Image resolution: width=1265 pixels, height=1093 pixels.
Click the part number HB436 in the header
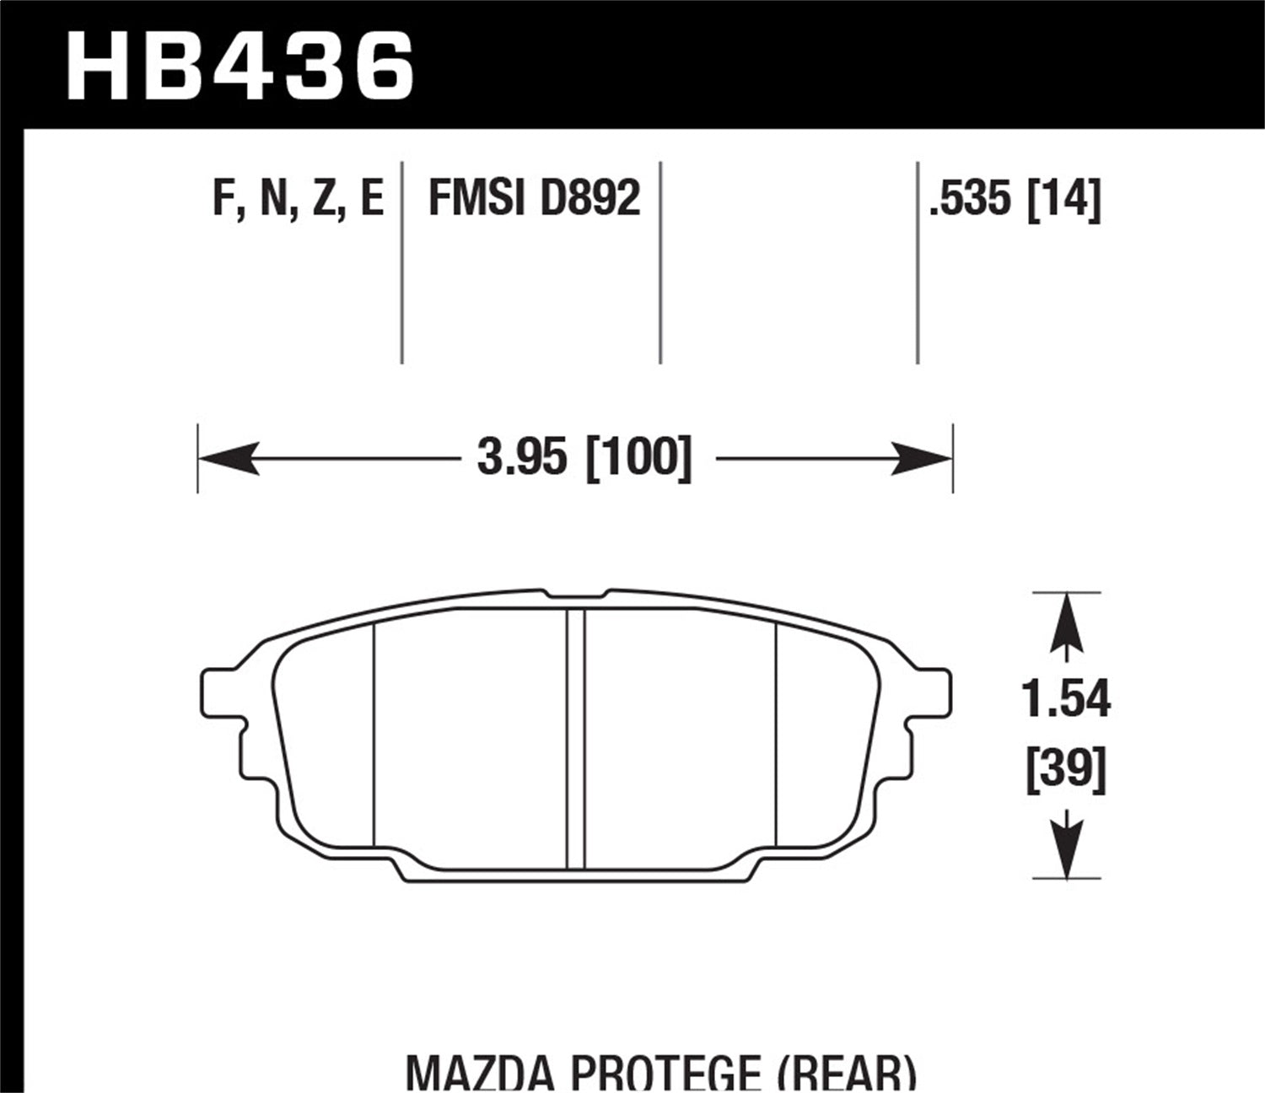(x=240, y=66)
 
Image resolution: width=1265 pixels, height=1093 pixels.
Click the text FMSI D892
(x=535, y=199)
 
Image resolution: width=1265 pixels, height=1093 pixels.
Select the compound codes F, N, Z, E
(x=299, y=200)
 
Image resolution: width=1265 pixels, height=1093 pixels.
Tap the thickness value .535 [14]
(x=1014, y=200)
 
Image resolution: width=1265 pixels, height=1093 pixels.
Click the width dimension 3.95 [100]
(x=584, y=460)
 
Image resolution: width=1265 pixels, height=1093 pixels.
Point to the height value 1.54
(x=1066, y=700)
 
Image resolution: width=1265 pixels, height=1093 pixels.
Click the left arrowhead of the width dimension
(x=226, y=460)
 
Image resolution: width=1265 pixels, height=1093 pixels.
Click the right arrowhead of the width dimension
(x=923, y=460)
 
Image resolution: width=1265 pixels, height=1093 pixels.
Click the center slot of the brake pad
(x=576, y=738)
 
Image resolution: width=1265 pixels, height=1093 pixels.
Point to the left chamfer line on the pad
(x=373, y=734)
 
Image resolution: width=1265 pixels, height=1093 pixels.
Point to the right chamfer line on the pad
(x=775, y=734)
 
